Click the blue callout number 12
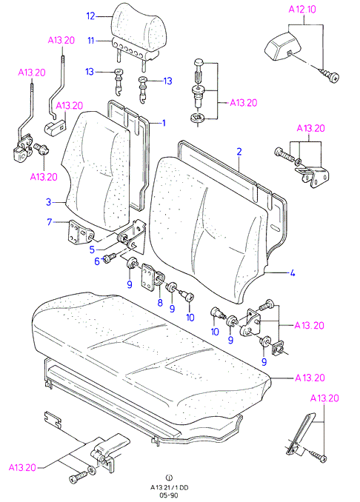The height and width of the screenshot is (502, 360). [x=91, y=16]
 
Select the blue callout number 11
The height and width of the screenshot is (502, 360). [x=91, y=41]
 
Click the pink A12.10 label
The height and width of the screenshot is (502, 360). [x=302, y=10]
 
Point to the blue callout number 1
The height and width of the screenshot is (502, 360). [x=164, y=123]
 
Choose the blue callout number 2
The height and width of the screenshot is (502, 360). [x=239, y=152]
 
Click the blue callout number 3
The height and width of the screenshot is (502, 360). [x=48, y=202]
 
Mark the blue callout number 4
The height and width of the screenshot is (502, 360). [x=292, y=273]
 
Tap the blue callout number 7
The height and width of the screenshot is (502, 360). [x=50, y=221]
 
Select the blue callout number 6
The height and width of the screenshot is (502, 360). [x=97, y=261]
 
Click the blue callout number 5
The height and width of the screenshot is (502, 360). [x=92, y=249]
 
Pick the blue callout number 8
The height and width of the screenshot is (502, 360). [x=160, y=302]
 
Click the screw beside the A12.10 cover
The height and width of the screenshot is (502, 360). [x=329, y=76]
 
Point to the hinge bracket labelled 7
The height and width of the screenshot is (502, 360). [x=79, y=232]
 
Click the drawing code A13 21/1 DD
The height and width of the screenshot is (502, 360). [x=170, y=488]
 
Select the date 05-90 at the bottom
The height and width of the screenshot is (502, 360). [x=169, y=495]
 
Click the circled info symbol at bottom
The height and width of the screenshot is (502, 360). [x=169, y=478]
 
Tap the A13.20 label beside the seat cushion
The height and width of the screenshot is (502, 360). [x=310, y=378]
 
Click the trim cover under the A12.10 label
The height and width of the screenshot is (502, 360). [x=284, y=47]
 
